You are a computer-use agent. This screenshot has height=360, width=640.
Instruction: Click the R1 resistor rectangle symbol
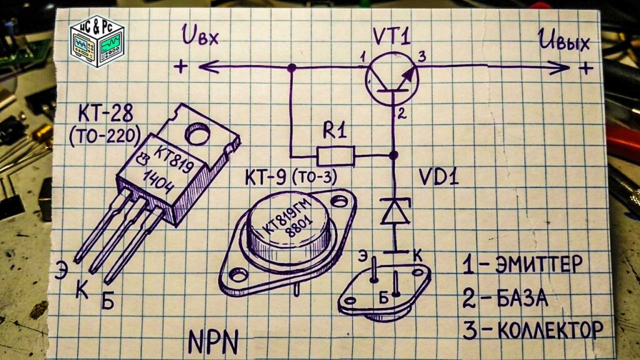click(336, 156)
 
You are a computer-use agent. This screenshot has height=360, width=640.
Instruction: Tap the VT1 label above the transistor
click(391, 37)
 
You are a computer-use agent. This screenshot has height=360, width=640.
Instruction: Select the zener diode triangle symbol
click(395, 211)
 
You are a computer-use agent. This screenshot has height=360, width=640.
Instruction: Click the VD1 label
click(439, 177)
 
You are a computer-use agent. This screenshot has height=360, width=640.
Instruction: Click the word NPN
click(214, 342)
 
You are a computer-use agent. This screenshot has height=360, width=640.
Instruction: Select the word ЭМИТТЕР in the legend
click(539, 265)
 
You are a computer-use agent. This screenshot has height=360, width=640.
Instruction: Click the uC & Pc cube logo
click(97, 41)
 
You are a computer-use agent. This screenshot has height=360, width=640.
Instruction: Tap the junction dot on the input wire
click(291, 68)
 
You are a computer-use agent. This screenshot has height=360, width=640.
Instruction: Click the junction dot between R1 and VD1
click(394, 155)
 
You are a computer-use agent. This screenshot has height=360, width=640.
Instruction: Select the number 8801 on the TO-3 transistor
click(299, 227)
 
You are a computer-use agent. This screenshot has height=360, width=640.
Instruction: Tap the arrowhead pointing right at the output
click(559, 67)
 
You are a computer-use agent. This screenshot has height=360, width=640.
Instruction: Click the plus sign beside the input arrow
click(181, 66)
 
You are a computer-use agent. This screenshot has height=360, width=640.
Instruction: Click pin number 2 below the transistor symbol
click(402, 113)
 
